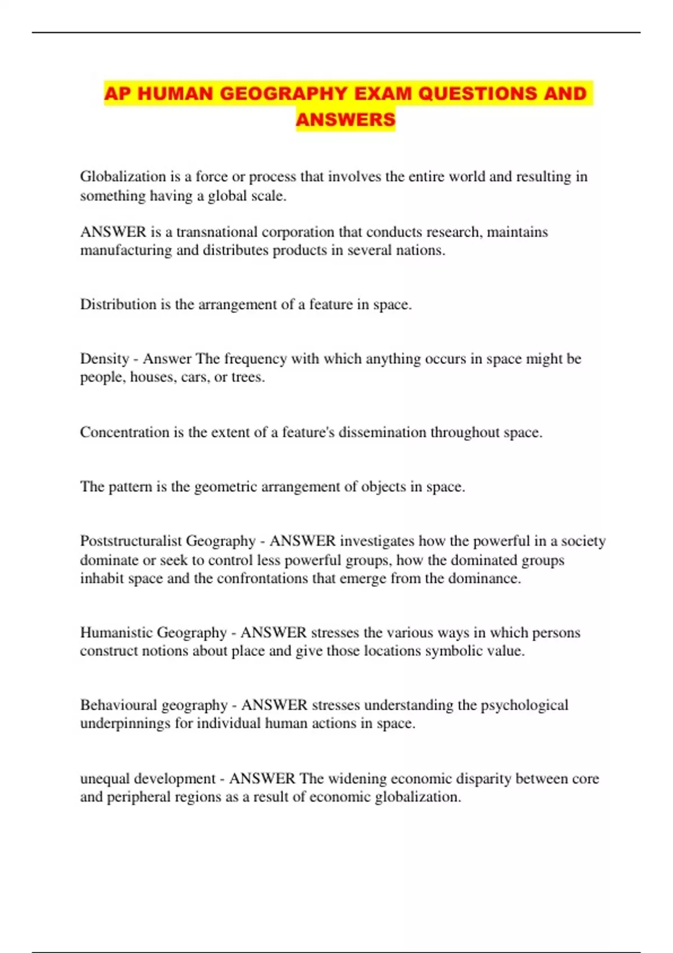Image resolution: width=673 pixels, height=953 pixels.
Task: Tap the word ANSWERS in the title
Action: click(x=345, y=119)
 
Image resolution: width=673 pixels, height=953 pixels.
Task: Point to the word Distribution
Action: click(x=118, y=304)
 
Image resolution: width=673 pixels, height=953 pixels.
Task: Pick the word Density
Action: click(x=104, y=359)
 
